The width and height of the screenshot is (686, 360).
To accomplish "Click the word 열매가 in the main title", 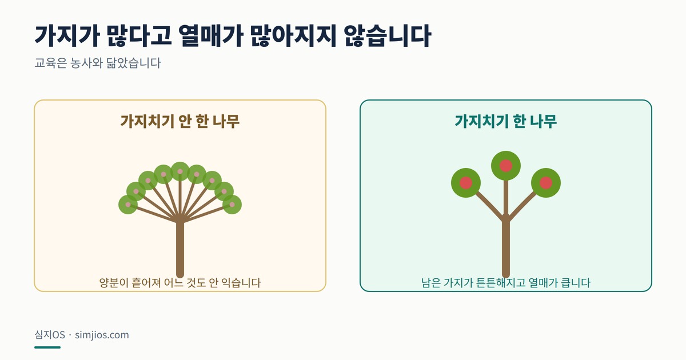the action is [210, 36].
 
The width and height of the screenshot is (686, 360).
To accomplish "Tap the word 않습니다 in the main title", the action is [387, 36].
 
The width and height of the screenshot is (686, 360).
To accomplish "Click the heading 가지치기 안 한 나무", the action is [180, 121].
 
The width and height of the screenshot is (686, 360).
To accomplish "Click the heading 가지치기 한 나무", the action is [505, 121].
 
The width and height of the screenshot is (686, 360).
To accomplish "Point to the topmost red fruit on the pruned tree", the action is [505, 166].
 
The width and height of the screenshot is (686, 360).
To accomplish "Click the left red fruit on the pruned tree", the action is [466, 183].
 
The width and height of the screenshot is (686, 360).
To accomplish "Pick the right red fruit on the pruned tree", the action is [546, 183].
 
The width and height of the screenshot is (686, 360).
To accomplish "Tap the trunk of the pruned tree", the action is [506, 248].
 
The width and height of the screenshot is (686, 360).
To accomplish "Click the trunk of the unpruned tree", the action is [180, 248].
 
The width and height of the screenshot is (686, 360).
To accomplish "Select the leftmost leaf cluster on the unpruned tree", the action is [128, 205].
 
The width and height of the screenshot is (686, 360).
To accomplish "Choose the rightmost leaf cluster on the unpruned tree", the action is [232, 205].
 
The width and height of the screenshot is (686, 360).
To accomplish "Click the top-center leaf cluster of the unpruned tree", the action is [180, 171].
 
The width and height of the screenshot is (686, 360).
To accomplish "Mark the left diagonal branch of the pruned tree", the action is [488, 205].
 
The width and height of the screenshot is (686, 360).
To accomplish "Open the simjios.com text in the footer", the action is [102, 335].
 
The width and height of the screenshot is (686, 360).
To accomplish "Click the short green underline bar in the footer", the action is [47, 347].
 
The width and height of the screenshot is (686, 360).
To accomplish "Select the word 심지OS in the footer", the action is [50, 335].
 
